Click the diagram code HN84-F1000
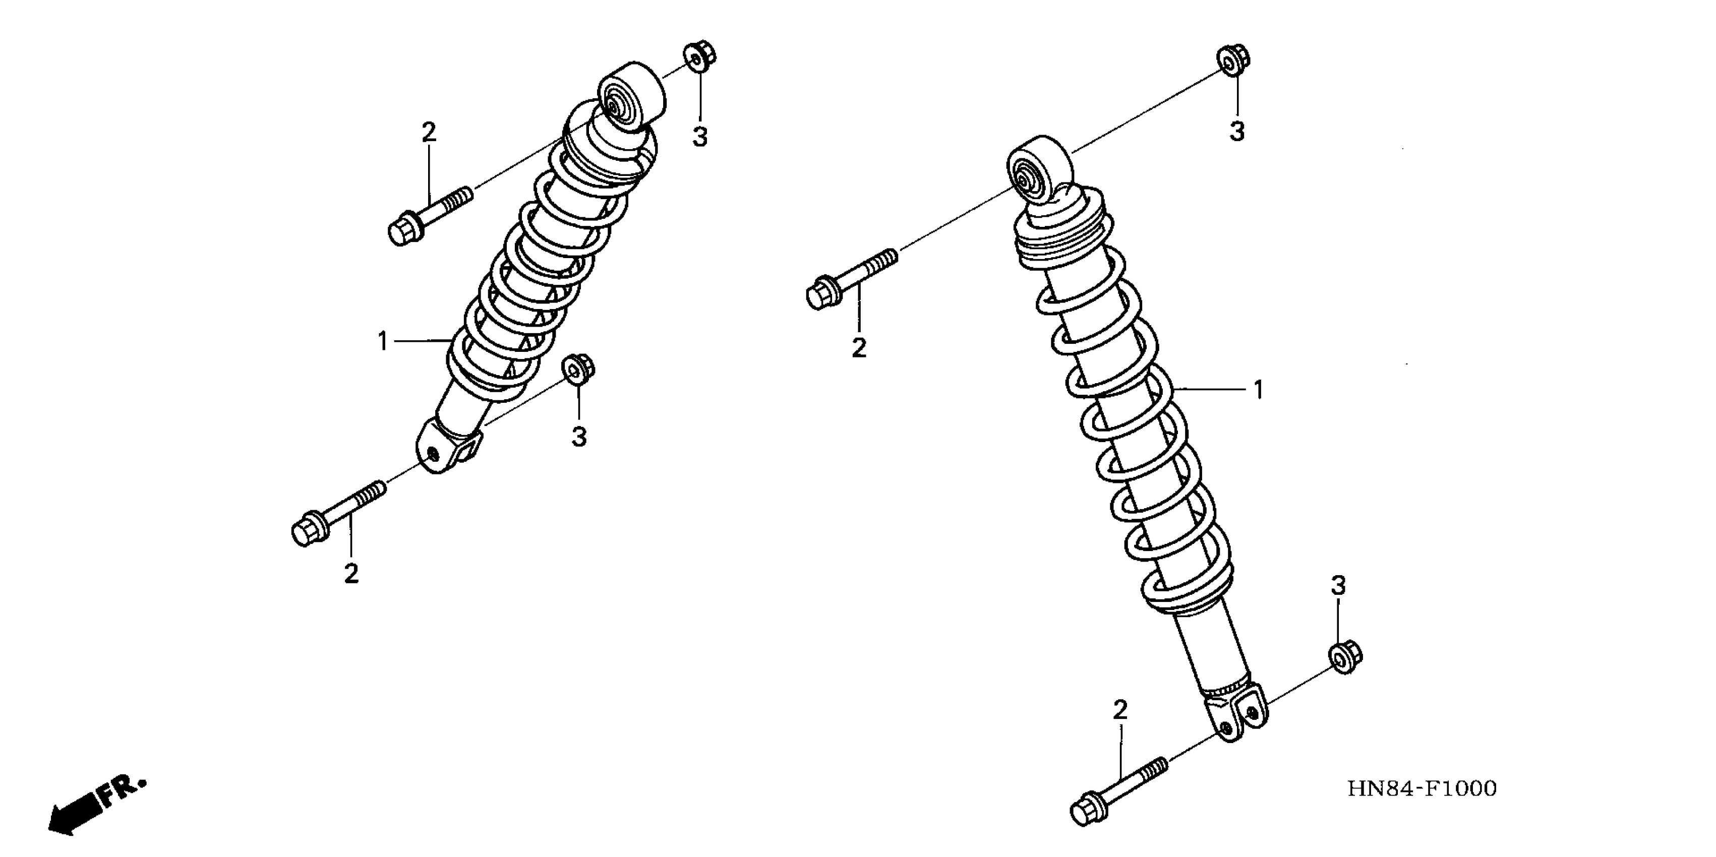click(1422, 788)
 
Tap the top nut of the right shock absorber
click(1234, 60)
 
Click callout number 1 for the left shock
click(382, 342)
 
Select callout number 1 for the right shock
click(1258, 390)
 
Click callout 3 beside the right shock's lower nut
click(1338, 586)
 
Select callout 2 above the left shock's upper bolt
click(428, 132)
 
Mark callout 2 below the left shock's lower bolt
click(351, 573)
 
